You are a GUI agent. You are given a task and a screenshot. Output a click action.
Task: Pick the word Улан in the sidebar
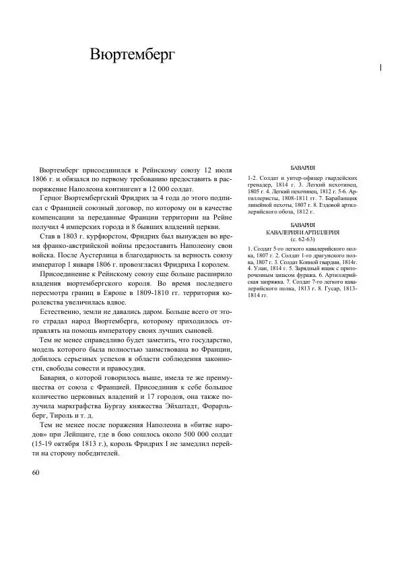tap(259, 267)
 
